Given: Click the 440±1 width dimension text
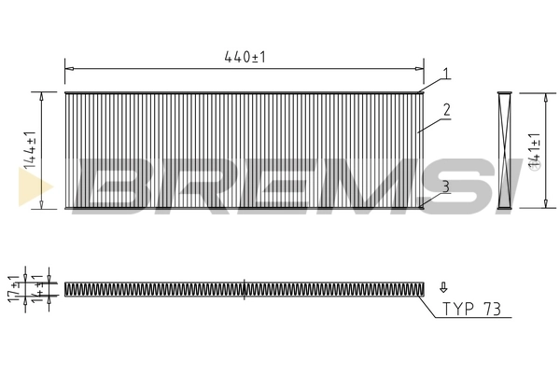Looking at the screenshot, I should (245, 57).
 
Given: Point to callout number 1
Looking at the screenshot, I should (447, 73).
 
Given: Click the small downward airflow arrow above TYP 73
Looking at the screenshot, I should (443, 287).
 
